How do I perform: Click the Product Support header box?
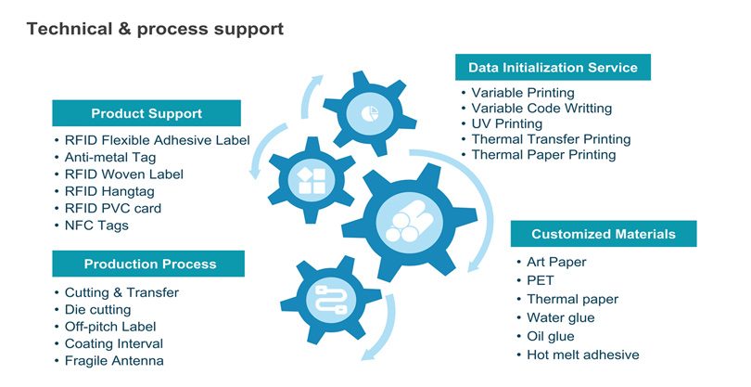pos(146,113)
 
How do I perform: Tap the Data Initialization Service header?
pos(553,67)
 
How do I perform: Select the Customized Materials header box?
pos(604,234)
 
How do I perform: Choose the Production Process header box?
pos(148,264)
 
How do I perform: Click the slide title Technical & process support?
pos(155,29)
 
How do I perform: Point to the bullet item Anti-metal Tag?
pos(110,157)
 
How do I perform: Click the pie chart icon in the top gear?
pos(369,113)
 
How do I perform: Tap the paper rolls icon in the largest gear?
pos(409,221)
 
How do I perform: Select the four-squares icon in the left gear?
pos(312,180)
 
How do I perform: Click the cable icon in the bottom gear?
pos(331,300)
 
